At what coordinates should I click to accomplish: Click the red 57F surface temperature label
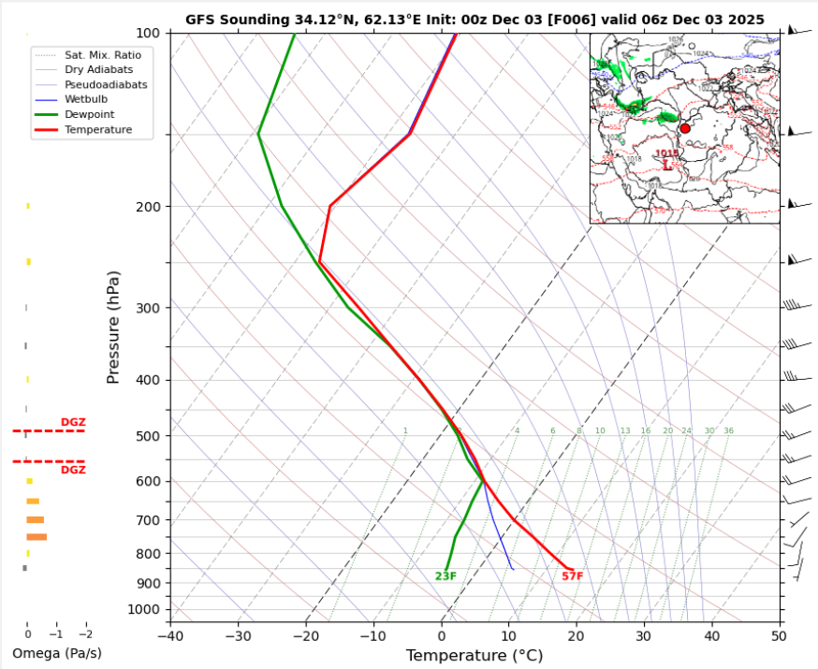(572, 575)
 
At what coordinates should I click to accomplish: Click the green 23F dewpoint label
(446, 575)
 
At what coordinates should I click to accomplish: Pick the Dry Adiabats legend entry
(98, 69)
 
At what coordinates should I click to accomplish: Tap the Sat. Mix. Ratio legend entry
(103, 55)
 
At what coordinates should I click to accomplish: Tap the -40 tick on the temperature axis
(170, 636)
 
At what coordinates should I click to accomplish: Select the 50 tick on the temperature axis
(779, 636)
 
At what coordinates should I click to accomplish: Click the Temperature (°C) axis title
(474, 656)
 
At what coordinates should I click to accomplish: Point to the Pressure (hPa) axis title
(114, 327)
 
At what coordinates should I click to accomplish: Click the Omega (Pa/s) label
(56, 653)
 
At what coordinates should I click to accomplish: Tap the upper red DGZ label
(73, 422)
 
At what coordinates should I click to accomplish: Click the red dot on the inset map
(684, 128)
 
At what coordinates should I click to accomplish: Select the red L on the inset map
(666, 165)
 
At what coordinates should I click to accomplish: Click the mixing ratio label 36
(728, 430)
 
